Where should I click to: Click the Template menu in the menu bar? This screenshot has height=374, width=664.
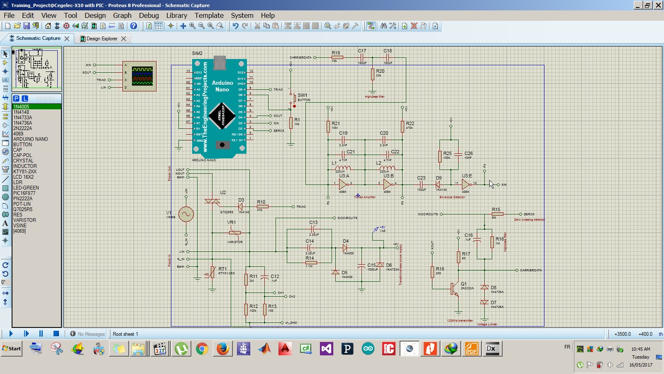[x=209, y=15]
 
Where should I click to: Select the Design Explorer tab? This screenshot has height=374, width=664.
[x=102, y=39]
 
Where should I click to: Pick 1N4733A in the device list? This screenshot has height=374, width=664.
[x=22, y=118]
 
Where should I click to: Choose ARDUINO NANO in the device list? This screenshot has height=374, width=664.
[x=30, y=139]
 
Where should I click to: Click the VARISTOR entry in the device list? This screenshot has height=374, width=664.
[x=24, y=220]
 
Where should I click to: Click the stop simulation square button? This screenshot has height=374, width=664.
[x=56, y=333]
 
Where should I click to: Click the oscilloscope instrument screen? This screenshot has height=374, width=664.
[x=142, y=76]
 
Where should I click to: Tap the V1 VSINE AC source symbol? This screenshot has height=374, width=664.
[x=186, y=214]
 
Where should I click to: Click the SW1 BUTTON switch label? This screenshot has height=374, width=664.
[x=303, y=96]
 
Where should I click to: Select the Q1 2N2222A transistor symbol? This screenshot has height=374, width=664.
[x=455, y=289]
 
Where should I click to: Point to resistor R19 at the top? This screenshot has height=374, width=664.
[x=337, y=57]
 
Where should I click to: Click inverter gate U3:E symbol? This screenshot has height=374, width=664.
[x=466, y=184]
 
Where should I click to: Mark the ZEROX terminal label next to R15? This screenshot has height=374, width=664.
[x=529, y=214]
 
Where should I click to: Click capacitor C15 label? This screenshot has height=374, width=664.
[x=371, y=265]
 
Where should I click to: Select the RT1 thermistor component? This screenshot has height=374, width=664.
[x=213, y=272]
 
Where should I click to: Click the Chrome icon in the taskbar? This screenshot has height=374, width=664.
[x=202, y=349]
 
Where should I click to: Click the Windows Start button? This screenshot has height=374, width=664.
[x=12, y=349]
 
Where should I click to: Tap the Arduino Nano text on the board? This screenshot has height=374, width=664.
[x=222, y=86]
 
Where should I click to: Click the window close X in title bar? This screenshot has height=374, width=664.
[x=658, y=5]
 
